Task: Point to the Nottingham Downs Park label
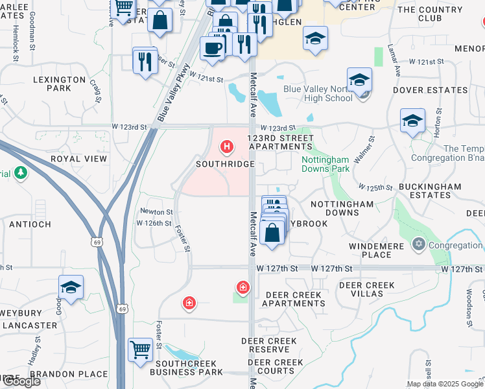325,164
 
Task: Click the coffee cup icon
212,47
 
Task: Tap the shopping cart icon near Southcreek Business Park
140,350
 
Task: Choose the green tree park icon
21,173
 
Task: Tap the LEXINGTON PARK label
60,84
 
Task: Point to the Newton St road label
157,211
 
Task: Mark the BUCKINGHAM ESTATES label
430,191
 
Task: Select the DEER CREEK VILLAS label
367,290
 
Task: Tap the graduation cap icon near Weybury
71,286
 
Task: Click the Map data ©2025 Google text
445,384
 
